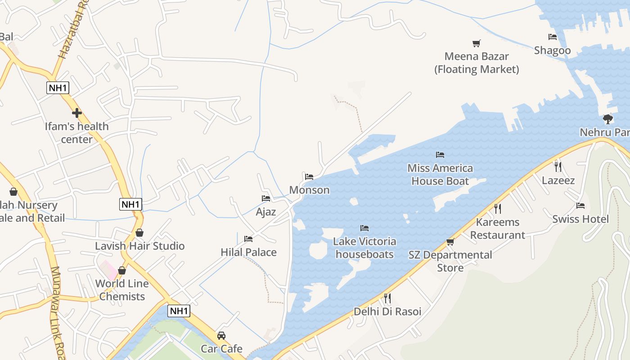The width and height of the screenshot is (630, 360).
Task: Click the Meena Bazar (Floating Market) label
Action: [x=477, y=63]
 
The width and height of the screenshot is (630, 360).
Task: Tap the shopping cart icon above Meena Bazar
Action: [x=477, y=43]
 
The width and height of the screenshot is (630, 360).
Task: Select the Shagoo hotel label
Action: [x=552, y=50]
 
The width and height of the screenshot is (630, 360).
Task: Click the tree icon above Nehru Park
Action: [x=608, y=119]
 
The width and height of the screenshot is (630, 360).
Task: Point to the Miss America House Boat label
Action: [x=440, y=175]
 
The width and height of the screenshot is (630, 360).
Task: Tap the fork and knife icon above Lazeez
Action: [x=558, y=167]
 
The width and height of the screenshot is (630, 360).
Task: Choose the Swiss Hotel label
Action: [x=580, y=219]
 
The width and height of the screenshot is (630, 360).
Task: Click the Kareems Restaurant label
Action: [x=497, y=229]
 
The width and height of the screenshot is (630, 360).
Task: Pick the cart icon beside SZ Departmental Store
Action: [x=450, y=242]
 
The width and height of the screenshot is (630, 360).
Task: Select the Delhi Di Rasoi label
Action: [x=387, y=311]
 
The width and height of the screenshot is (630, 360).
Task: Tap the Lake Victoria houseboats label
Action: [x=364, y=248]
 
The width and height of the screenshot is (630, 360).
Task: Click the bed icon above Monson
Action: [x=309, y=177]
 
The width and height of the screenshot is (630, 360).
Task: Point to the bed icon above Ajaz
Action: [x=266, y=198]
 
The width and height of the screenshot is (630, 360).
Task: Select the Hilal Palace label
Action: [x=248, y=252]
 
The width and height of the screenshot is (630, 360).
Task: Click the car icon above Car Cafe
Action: [x=221, y=336]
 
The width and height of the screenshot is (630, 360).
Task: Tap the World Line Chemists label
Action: [x=122, y=290]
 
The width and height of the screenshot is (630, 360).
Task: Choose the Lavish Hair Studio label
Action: [x=139, y=246]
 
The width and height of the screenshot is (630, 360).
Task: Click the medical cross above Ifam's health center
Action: [x=76, y=112]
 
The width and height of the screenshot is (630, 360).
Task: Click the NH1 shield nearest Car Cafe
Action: [x=179, y=310]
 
